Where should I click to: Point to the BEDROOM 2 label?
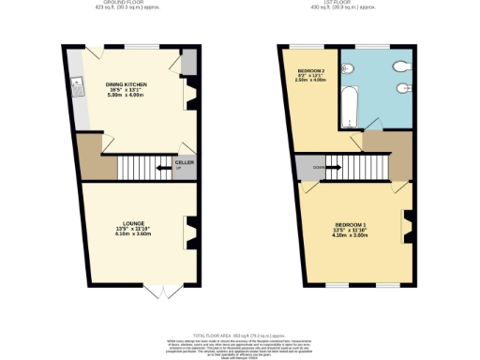click(310, 71)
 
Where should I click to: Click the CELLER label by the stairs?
click(185, 162)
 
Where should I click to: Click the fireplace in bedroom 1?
click(406, 221)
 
